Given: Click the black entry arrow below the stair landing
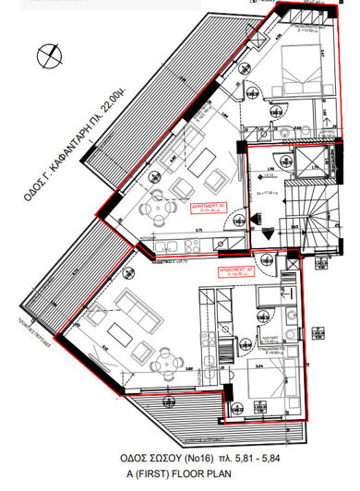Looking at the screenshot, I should tap(267, 234).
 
